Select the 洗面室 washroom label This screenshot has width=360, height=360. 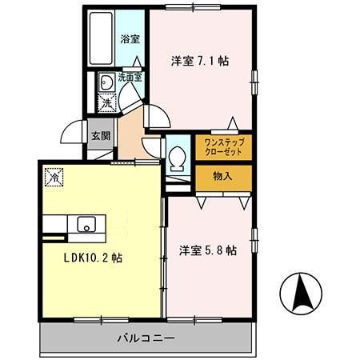129,78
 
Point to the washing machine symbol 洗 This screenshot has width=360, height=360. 106,102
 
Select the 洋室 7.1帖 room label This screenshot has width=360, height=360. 199,61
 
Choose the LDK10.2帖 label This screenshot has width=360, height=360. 93,258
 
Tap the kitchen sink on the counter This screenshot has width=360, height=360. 85,225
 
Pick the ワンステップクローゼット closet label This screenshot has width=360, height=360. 222,147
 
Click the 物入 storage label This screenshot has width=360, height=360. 222,176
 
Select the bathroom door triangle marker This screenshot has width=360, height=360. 137,62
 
